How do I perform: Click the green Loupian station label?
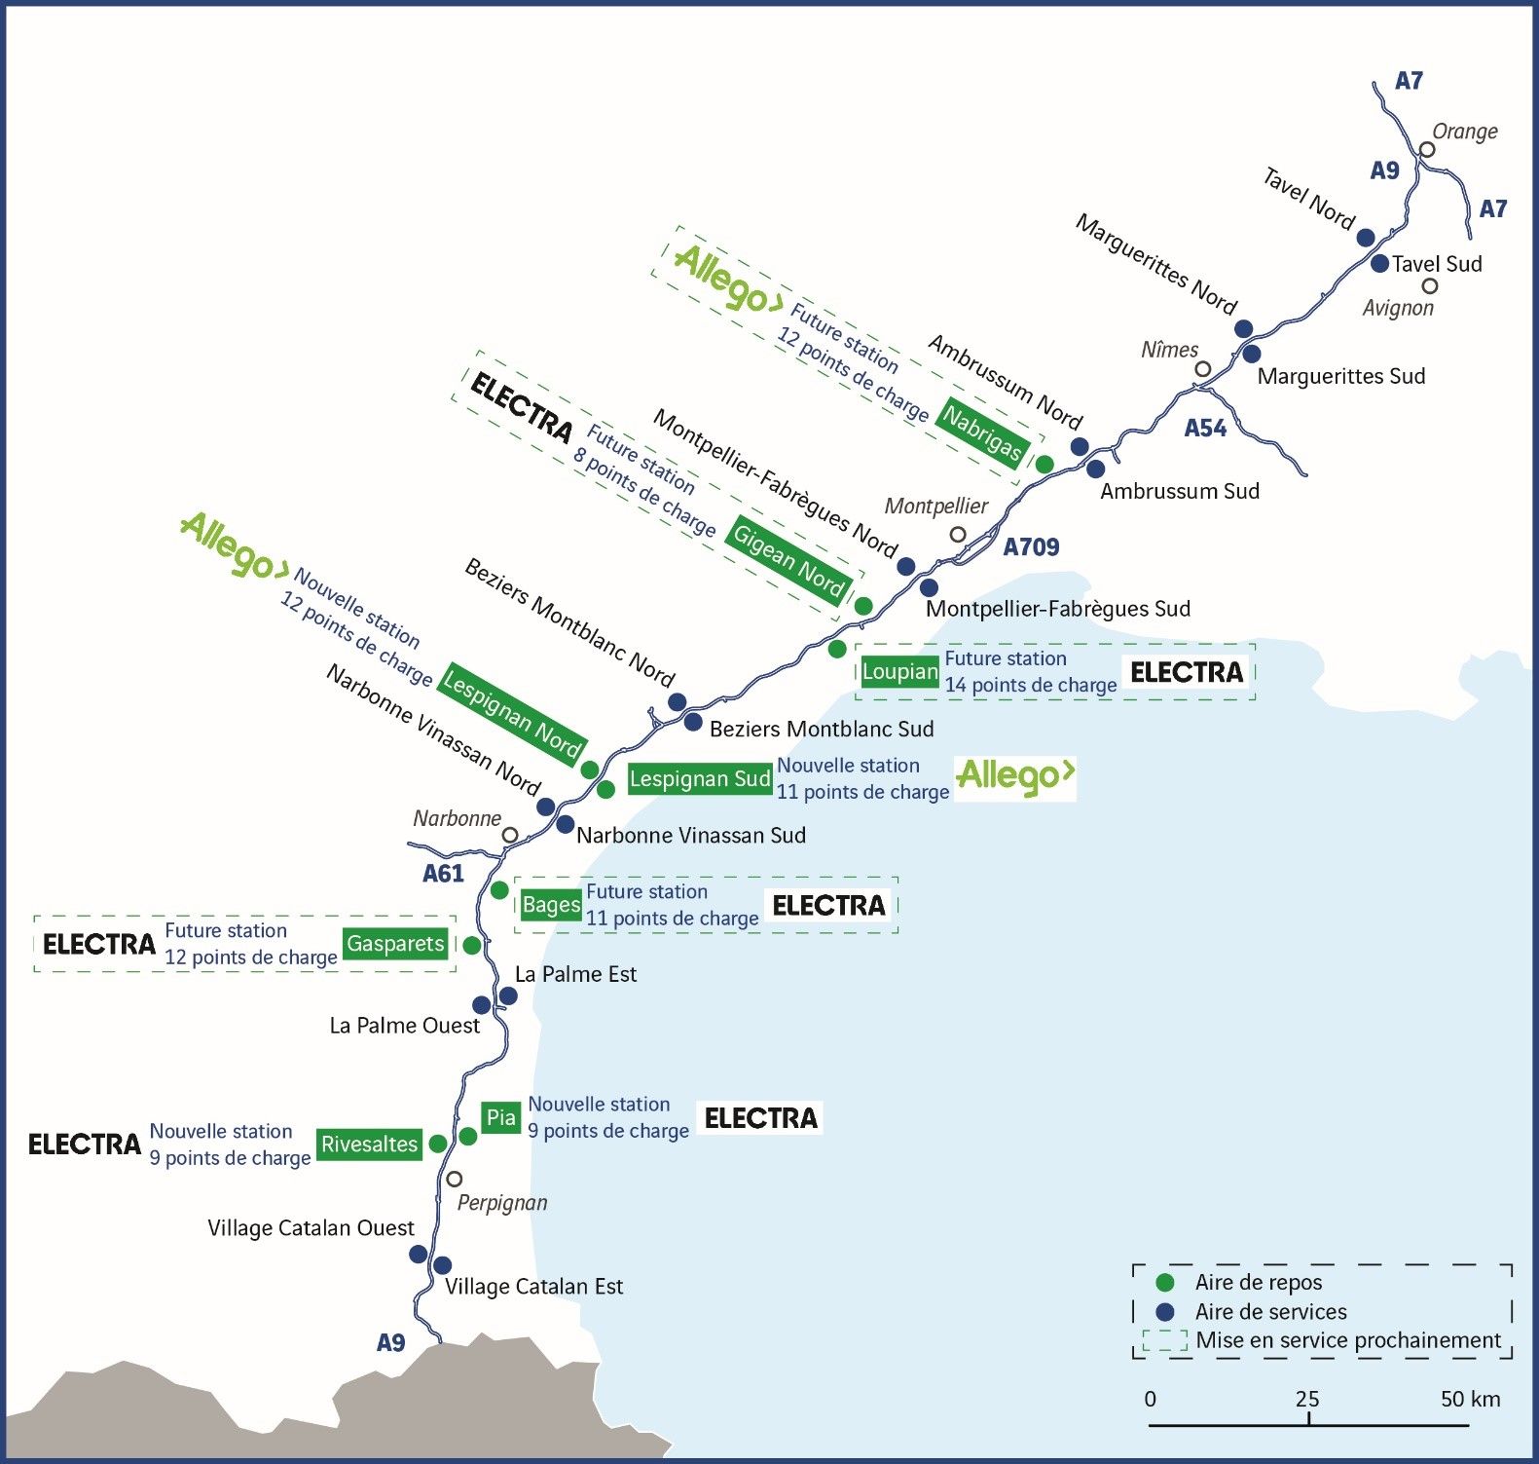click(899, 672)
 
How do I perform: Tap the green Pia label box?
click(500, 1117)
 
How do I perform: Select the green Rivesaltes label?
click(369, 1145)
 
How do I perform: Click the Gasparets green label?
click(395, 944)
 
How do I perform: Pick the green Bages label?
click(551, 905)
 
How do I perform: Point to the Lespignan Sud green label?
click(699, 779)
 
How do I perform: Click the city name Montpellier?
click(935, 507)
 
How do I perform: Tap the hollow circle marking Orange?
click(1427, 149)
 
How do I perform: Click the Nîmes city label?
click(1169, 350)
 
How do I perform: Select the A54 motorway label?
click(1205, 429)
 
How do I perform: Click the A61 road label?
click(443, 874)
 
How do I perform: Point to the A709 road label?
click(1031, 547)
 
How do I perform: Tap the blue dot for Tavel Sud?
click(1379, 263)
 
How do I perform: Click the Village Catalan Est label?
click(533, 1287)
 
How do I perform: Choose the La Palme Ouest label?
click(404, 1026)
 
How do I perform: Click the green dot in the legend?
click(1164, 1283)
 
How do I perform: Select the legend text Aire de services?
click(1270, 1312)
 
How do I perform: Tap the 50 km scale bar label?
click(1470, 1400)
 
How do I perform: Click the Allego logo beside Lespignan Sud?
click(1015, 777)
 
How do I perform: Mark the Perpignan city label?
click(502, 1203)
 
